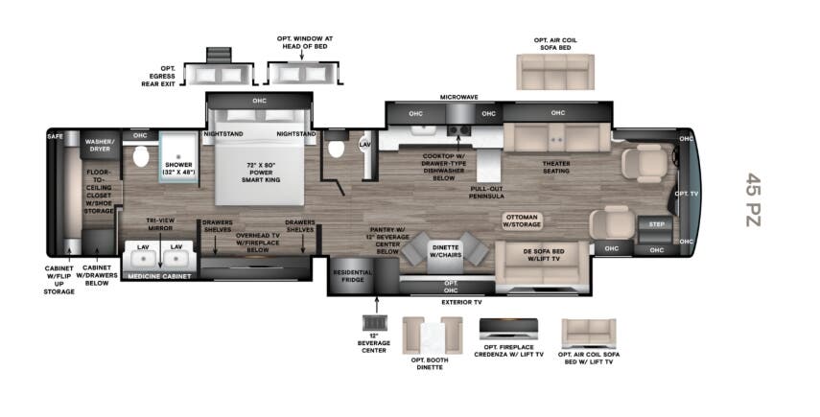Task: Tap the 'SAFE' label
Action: coord(55,137)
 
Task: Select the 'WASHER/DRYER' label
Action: coord(101,144)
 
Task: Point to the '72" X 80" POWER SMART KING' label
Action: coord(259,173)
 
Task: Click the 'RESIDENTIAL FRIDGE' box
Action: coord(351,276)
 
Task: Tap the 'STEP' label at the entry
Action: coord(657,224)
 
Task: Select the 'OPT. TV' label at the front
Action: coord(686,193)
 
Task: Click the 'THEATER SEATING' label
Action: coord(556,167)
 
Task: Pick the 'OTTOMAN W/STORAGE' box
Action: coord(523,221)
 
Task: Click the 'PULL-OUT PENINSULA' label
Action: coord(488,192)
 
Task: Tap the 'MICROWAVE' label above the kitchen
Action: coord(459,97)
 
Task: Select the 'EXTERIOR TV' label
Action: coord(461,302)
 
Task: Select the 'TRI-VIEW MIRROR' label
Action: coord(159,223)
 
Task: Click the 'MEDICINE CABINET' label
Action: coord(158,276)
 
